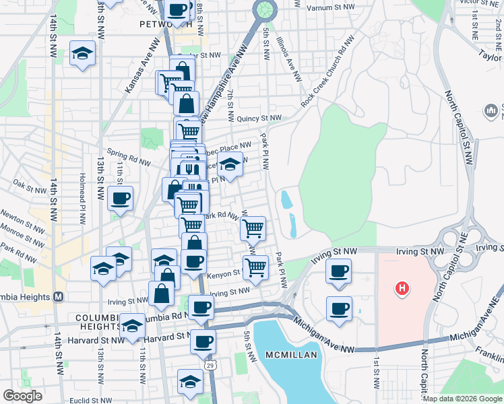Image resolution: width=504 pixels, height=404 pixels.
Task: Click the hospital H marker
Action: pyautogui.click(x=402, y=290)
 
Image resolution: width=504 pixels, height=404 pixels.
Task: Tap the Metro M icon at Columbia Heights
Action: pyautogui.click(x=59, y=296)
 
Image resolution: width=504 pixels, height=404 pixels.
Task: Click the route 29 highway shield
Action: pyautogui.click(x=210, y=364)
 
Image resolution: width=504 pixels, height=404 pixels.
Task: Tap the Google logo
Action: pyautogui.click(x=23, y=395)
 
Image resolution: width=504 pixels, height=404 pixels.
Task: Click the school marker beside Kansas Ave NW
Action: pyautogui.click(x=83, y=54)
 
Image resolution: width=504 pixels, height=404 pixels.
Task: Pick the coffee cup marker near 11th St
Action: pyautogui.click(x=121, y=199)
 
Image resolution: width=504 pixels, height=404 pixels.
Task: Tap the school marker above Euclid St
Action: pyautogui.click(x=191, y=381)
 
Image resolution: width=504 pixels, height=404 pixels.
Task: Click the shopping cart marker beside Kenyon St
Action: pyautogui.click(x=255, y=267)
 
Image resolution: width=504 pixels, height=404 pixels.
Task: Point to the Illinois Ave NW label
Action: pyautogui.click(x=288, y=57)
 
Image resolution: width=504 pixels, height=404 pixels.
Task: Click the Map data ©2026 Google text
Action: pyautogui.click(x=462, y=399)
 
